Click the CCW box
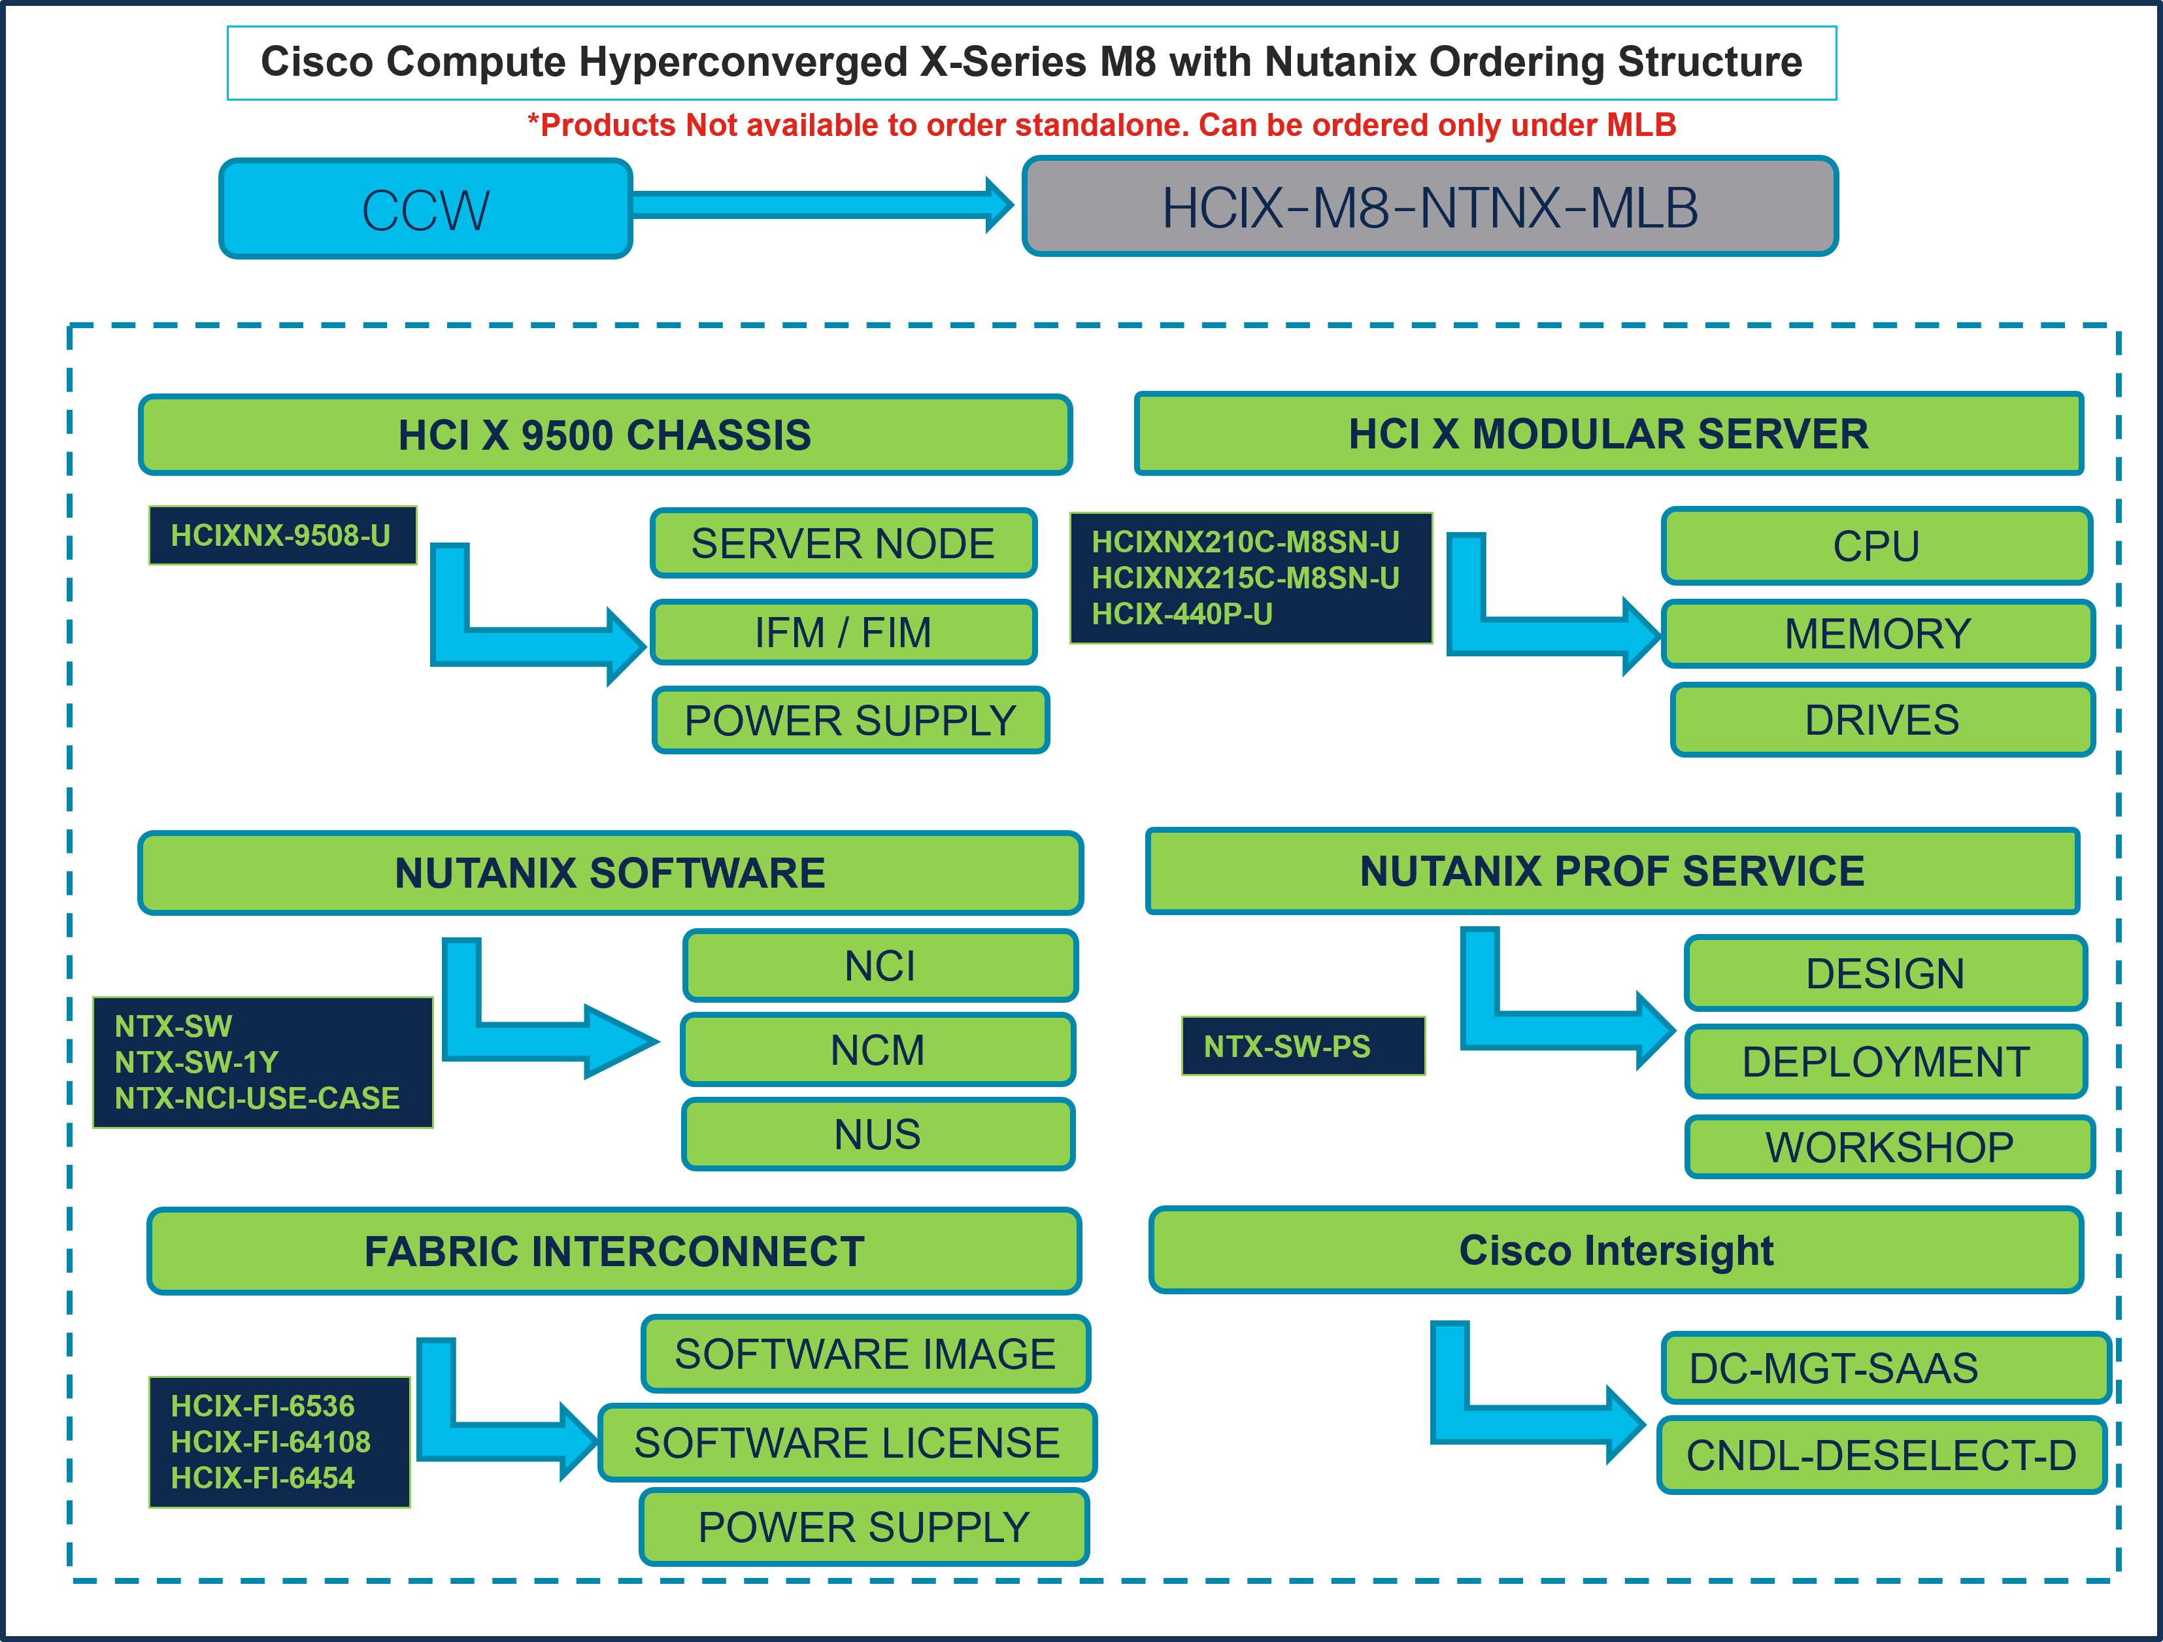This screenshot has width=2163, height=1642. [x=426, y=209]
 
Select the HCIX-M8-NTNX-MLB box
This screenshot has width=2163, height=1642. [x=1430, y=207]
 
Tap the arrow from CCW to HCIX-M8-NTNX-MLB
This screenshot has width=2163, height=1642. [x=822, y=205]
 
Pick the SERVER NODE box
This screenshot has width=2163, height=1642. [x=843, y=544]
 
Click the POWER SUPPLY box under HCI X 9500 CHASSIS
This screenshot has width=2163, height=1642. [x=850, y=721]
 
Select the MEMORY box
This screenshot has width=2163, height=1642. [x=1877, y=633]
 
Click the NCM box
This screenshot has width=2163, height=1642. [x=877, y=1050]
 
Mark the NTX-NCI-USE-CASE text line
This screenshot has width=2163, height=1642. [x=257, y=1098]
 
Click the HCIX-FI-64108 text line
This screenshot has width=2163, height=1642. [x=271, y=1441]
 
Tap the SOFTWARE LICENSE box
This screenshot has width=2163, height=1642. [x=847, y=1443]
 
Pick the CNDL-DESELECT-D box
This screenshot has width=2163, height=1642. [x=1881, y=1455]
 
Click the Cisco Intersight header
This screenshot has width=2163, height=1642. [x=1615, y=1251]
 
